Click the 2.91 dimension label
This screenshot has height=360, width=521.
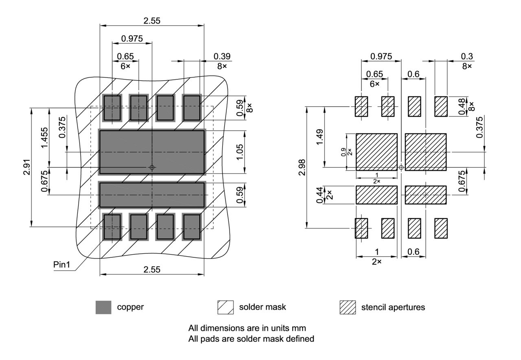tap(26, 167)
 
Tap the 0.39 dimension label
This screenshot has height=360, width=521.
tap(222, 56)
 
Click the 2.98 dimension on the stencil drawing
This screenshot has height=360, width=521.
tap(301, 167)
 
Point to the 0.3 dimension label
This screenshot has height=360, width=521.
tap(467, 56)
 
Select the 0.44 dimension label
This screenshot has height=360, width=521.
tap(320, 195)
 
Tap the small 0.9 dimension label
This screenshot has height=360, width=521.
tap(344, 152)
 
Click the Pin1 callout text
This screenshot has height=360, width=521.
tap(62, 264)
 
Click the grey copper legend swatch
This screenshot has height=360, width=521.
tap(103, 307)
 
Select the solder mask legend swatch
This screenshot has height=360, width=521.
tap(225, 307)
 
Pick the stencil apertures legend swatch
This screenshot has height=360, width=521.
tap(348, 307)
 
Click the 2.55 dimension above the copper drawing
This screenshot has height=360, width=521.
tap(152, 21)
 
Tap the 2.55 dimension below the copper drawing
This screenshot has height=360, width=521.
tap(152, 269)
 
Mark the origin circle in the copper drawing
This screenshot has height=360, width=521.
tap(152, 167)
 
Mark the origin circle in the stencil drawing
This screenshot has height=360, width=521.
tap(401, 167)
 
